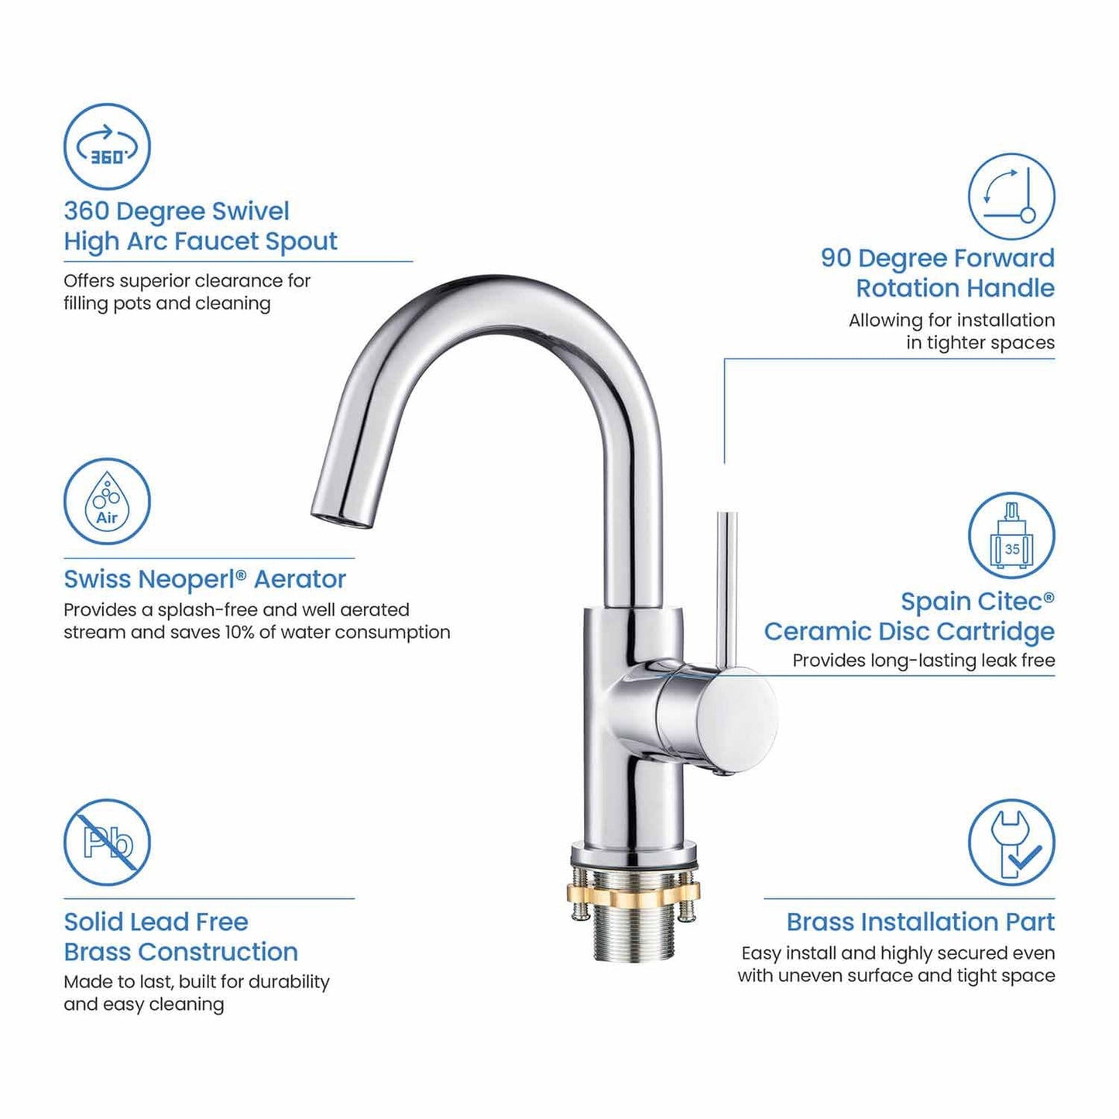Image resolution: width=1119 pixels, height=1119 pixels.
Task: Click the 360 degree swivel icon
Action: pyautogui.click(x=107, y=146)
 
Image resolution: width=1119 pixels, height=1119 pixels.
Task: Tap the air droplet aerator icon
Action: pyautogui.click(x=107, y=501)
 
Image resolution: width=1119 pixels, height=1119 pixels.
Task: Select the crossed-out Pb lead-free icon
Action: pyautogui.click(x=107, y=842)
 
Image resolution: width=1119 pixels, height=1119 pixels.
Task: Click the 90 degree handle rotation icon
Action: pyautogui.click(x=1011, y=196)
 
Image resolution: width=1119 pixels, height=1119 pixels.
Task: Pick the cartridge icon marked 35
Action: pyautogui.click(x=1011, y=535)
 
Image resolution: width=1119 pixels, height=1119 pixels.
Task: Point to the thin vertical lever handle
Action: pyautogui.click(x=726, y=589)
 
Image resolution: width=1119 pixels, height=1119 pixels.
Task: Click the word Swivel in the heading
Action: pyautogui.click(x=251, y=211)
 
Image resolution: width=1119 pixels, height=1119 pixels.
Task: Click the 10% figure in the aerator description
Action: pyautogui.click(x=239, y=632)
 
